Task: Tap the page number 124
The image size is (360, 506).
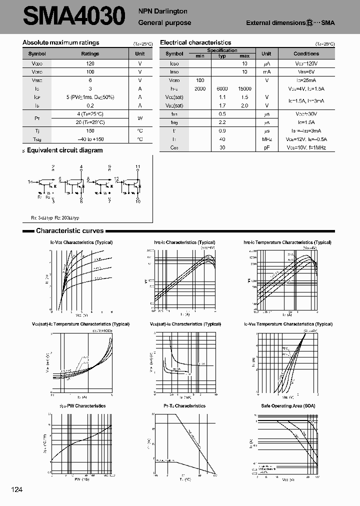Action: point(16,489)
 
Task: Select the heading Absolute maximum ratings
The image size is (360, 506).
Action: point(61,43)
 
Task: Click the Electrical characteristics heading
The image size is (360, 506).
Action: point(195,43)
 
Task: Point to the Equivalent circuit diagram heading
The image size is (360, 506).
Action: point(64,150)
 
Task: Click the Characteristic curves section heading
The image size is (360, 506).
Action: point(69,231)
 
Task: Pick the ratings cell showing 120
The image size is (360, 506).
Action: point(90,64)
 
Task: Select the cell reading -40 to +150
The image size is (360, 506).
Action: point(90,139)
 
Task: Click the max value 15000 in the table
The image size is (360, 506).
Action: point(245,88)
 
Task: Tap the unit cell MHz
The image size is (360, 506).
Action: point(266,139)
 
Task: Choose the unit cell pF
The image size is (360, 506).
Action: point(266,147)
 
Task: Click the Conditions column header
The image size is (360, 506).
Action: point(306,53)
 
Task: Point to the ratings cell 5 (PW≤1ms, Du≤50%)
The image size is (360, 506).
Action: point(90,97)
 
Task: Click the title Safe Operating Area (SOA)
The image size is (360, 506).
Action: point(288,406)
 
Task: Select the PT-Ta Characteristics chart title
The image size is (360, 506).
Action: point(184,406)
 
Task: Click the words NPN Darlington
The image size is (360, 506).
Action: point(162,11)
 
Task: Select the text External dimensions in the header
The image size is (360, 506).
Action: point(275,23)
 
